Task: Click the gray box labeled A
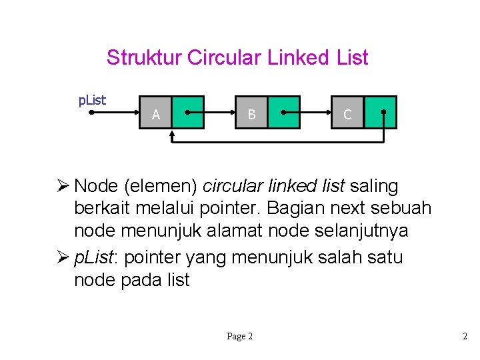[155, 113]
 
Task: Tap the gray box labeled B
[251, 113]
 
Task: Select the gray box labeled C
[347, 113]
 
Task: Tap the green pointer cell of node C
[381, 113]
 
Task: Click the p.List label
[93, 101]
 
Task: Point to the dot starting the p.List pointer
[90, 113]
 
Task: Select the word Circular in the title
[225, 58]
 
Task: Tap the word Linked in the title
[297, 58]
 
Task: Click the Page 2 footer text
[239, 337]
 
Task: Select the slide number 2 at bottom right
[465, 337]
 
